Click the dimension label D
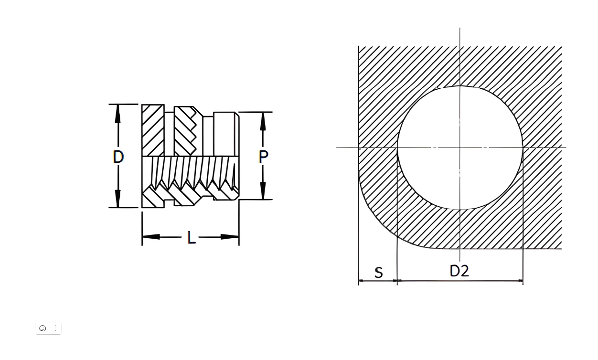pos(118,157)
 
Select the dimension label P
pos(263,157)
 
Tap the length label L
pos(191,237)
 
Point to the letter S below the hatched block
pos(379,273)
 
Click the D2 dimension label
pos(459,271)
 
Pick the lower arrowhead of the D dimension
pos(117,198)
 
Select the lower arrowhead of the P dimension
pos(263,191)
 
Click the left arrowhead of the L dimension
pos(151,237)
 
